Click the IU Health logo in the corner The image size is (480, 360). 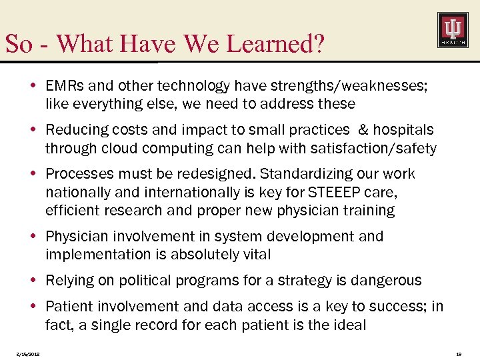[x=452, y=30]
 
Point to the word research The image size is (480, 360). [x=132, y=211]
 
